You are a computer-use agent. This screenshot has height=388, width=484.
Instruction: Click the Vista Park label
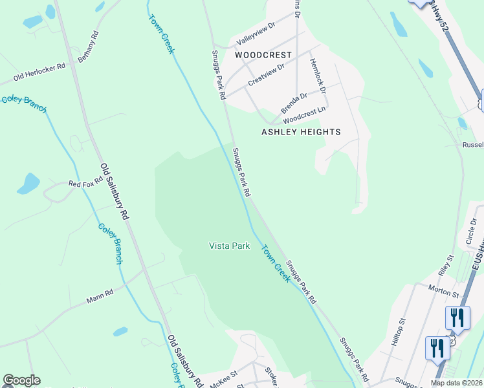(x=229, y=246)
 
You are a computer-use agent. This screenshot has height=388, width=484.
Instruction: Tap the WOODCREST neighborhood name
(x=263, y=55)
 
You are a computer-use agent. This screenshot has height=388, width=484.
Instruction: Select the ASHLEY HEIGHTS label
(x=300, y=132)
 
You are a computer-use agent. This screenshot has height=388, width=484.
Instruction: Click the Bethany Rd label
(x=87, y=47)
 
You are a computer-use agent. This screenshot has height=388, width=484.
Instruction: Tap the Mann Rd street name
(x=100, y=296)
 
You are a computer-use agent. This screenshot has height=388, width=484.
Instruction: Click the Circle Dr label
(x=470, y=232)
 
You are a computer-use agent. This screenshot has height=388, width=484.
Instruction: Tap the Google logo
(x=21, y=380)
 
